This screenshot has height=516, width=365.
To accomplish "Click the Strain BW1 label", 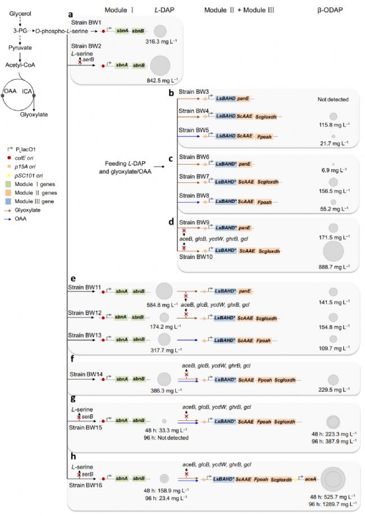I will pos(86,22).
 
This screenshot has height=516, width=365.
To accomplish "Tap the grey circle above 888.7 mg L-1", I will pos(332,251).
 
